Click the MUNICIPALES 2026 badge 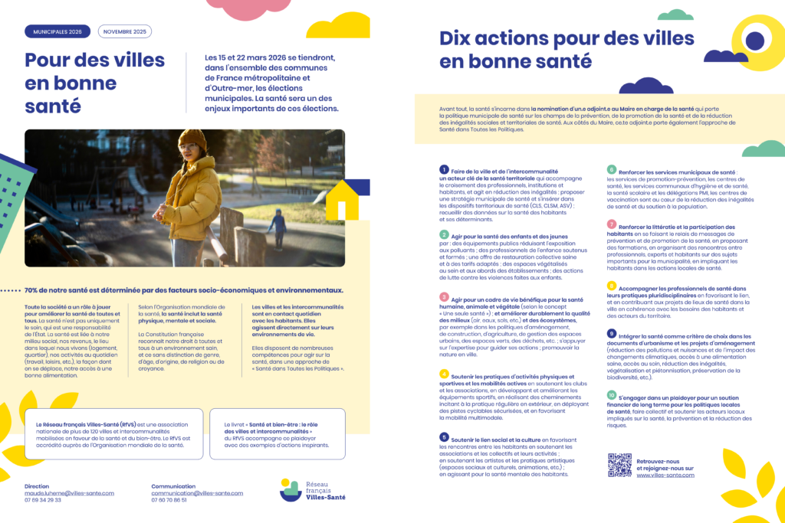coord(57,31)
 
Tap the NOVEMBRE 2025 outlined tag coord(124,31)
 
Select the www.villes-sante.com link coord(665,475)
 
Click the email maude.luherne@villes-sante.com coord(69,493)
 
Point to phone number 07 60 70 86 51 coord(169,500)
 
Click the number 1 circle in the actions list coord(444,169)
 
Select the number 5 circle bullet coord(444,437)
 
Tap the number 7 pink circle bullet coord(611,224)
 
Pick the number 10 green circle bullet coord(611,395)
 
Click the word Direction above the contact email coord(37,485)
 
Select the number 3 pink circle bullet coord(444,296)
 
